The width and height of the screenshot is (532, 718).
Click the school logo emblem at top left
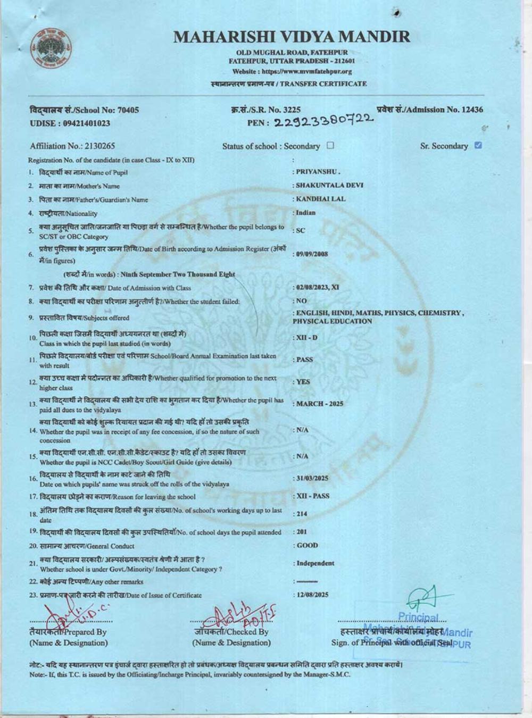pyautogui.click(x=51, y=48)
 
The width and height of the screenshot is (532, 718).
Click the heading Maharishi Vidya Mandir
pyautogui.click(x=292, y=37)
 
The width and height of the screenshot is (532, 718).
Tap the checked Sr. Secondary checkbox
pyautogui.click(x=478, y=145)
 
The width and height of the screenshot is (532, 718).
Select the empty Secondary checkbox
pyautogui.click(x=330, y=145)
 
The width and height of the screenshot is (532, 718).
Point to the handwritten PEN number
pyautogui.click(x=323, y=121)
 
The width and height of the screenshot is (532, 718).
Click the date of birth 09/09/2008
pyautogui.click(x=312, y=254)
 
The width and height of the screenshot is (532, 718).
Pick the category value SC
pyautogui.click(x=301, y=230)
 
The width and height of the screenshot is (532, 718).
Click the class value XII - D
pyautogui.click(x=307, y=337)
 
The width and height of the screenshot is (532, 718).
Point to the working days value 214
pyautogui.click(x=302, y=514)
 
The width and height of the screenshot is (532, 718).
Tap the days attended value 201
pyautogui.click(x=302, y=531)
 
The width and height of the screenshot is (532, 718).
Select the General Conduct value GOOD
pyautogui.click(x=307, y=545)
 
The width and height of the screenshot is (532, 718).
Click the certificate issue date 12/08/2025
pyautogui.click(x=312, y=595)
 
